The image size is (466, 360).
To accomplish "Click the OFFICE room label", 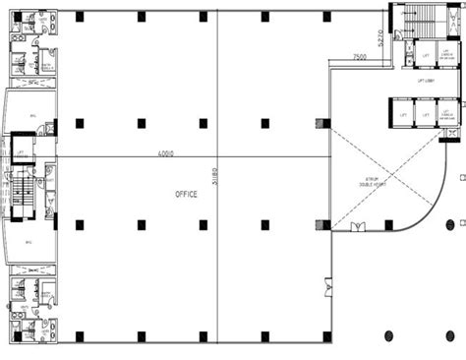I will point(186,194).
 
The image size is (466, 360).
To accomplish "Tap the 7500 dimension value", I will point(360,58).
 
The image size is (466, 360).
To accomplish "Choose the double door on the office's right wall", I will point(328,288).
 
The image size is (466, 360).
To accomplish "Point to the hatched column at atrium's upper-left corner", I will point(321,124).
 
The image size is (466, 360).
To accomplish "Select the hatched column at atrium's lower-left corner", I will point(321,224).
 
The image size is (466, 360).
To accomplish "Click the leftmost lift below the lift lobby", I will point(402,114).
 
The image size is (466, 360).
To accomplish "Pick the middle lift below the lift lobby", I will point(425,114).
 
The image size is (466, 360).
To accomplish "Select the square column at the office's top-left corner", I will point(79,16).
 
